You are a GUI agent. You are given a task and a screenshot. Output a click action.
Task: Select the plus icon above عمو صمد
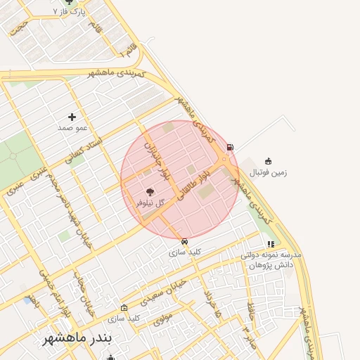tap(72, 117)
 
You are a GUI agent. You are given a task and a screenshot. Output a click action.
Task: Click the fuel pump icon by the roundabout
tap(230, 147)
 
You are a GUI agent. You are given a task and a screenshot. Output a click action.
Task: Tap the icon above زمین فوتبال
tap(268, 161)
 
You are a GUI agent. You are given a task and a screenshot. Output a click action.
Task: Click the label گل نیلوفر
tap(150, 202)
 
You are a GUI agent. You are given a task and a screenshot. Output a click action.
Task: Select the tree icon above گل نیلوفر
tap(149, 191)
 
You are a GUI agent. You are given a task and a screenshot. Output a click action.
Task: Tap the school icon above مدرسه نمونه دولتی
tap(270, 244)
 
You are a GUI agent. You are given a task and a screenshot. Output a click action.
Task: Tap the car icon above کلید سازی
tap(185, 241)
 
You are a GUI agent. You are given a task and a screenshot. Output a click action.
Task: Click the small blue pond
tap(27, 300)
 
